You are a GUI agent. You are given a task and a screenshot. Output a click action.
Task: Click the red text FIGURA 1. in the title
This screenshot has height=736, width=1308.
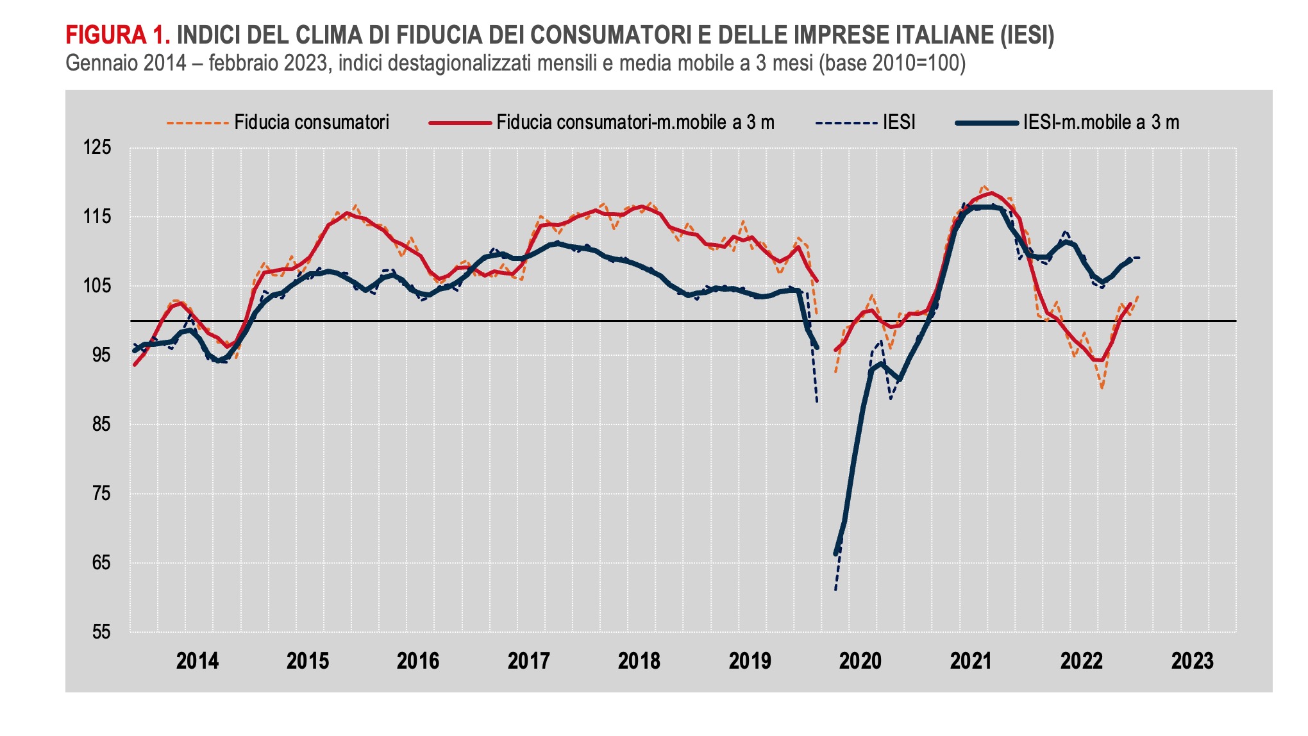(x=117, y=35)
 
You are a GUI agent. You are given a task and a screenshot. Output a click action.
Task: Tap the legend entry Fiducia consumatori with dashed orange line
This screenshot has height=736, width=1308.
(x=312, y=122)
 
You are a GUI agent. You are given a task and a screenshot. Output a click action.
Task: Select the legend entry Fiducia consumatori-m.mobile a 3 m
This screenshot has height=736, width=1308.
(x=635, y=122)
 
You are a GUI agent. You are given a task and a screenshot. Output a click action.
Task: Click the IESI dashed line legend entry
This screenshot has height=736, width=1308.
(x=899, y=122)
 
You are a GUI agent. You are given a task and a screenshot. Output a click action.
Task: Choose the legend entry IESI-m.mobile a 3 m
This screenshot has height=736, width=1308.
(x=1101, y=122)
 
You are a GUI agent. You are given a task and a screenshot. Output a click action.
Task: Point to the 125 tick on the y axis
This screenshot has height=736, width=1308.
(x=97, y=147)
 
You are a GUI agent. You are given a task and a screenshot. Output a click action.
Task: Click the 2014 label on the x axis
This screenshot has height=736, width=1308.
(x=197, y=661)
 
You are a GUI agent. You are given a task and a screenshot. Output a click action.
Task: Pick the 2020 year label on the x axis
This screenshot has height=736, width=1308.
(x=860, y=661)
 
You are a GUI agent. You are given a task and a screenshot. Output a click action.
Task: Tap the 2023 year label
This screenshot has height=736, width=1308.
(x=1192, y=661)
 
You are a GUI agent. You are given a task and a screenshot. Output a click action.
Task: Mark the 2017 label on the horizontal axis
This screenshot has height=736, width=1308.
(x=528, y=661)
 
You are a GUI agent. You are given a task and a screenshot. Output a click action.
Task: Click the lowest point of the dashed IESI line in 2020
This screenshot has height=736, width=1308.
(x=835, y=590)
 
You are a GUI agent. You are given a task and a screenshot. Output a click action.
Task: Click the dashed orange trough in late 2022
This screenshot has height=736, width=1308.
(x=1102, y=388)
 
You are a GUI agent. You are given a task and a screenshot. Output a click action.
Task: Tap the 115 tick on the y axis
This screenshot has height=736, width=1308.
(x=97, y=217)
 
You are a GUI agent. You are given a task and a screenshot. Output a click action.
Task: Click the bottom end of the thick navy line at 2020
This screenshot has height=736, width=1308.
(x=835, y=553)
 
